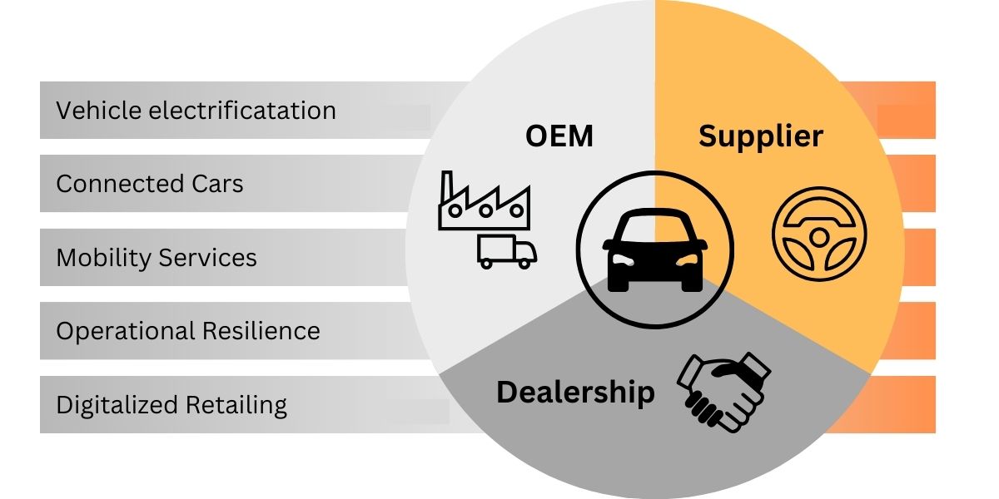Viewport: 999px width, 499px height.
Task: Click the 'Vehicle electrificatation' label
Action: (x=196, y=111)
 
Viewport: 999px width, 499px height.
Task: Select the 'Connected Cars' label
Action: (x=150, y=184)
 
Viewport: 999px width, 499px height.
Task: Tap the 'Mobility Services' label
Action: (x=157, y=258)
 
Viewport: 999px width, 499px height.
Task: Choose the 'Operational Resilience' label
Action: (x=188, y=331)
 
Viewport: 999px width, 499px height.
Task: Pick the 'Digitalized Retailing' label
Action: (x=171, y=405)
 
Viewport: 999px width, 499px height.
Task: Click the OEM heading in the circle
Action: (x=559, y=136)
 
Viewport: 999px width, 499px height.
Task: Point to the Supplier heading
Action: (x=760, y=136)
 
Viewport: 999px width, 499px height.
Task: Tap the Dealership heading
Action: (x=575, y=391)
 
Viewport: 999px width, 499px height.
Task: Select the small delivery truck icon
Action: (x=507, y=251)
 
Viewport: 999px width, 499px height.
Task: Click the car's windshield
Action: (x=655, y=227)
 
